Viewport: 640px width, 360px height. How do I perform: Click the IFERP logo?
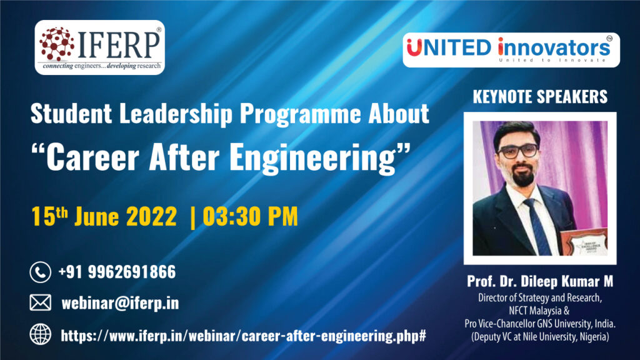point(99,47)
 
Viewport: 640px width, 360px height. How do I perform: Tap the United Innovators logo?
point(511,50)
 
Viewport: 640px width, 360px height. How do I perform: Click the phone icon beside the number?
point(41,272)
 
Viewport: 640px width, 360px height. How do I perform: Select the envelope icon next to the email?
point(41,303)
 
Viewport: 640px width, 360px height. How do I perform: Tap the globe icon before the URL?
point(41,335)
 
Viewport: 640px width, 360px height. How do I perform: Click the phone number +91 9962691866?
point(117,272)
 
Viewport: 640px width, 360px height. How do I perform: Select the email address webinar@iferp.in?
point(120,303)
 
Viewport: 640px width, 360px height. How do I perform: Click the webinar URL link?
point(244,336)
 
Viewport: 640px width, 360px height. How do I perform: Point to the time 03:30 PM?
point(250,216)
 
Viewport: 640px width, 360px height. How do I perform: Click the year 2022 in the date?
point(151,216)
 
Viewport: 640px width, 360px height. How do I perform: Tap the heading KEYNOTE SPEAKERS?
point(540,97)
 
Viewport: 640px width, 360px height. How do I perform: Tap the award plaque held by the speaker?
point(584,242)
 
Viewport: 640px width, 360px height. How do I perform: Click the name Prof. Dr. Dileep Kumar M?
point(540,281)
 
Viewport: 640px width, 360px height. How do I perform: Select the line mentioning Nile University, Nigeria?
point(540,337)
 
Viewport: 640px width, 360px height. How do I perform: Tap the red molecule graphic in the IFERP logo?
point(57,43)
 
